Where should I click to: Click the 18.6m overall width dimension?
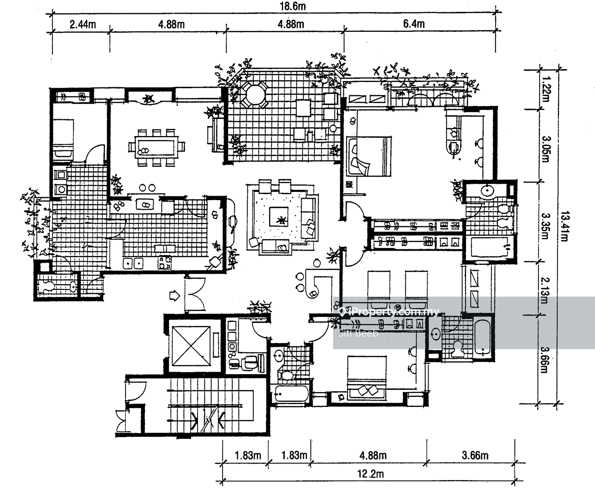(x=293, y=6)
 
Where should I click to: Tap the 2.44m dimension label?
(x=83, y=24)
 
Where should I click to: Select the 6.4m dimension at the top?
(x=414, y=24)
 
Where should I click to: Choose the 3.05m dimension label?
(x=545, y=149)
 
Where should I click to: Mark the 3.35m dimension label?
(x=545, y=226)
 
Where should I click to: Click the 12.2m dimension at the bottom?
(x=371, y=474)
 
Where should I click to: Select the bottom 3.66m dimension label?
(x=475, y=456)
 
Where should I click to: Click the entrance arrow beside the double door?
(x=174, y=296)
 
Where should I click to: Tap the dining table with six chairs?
(x=157, y=147)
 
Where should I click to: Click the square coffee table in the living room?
(x=279, y=217)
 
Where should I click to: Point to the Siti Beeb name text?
(x=358, y=333)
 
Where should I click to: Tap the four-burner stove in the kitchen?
(x=165, y=263)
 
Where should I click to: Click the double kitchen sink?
(x=133, y=263)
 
